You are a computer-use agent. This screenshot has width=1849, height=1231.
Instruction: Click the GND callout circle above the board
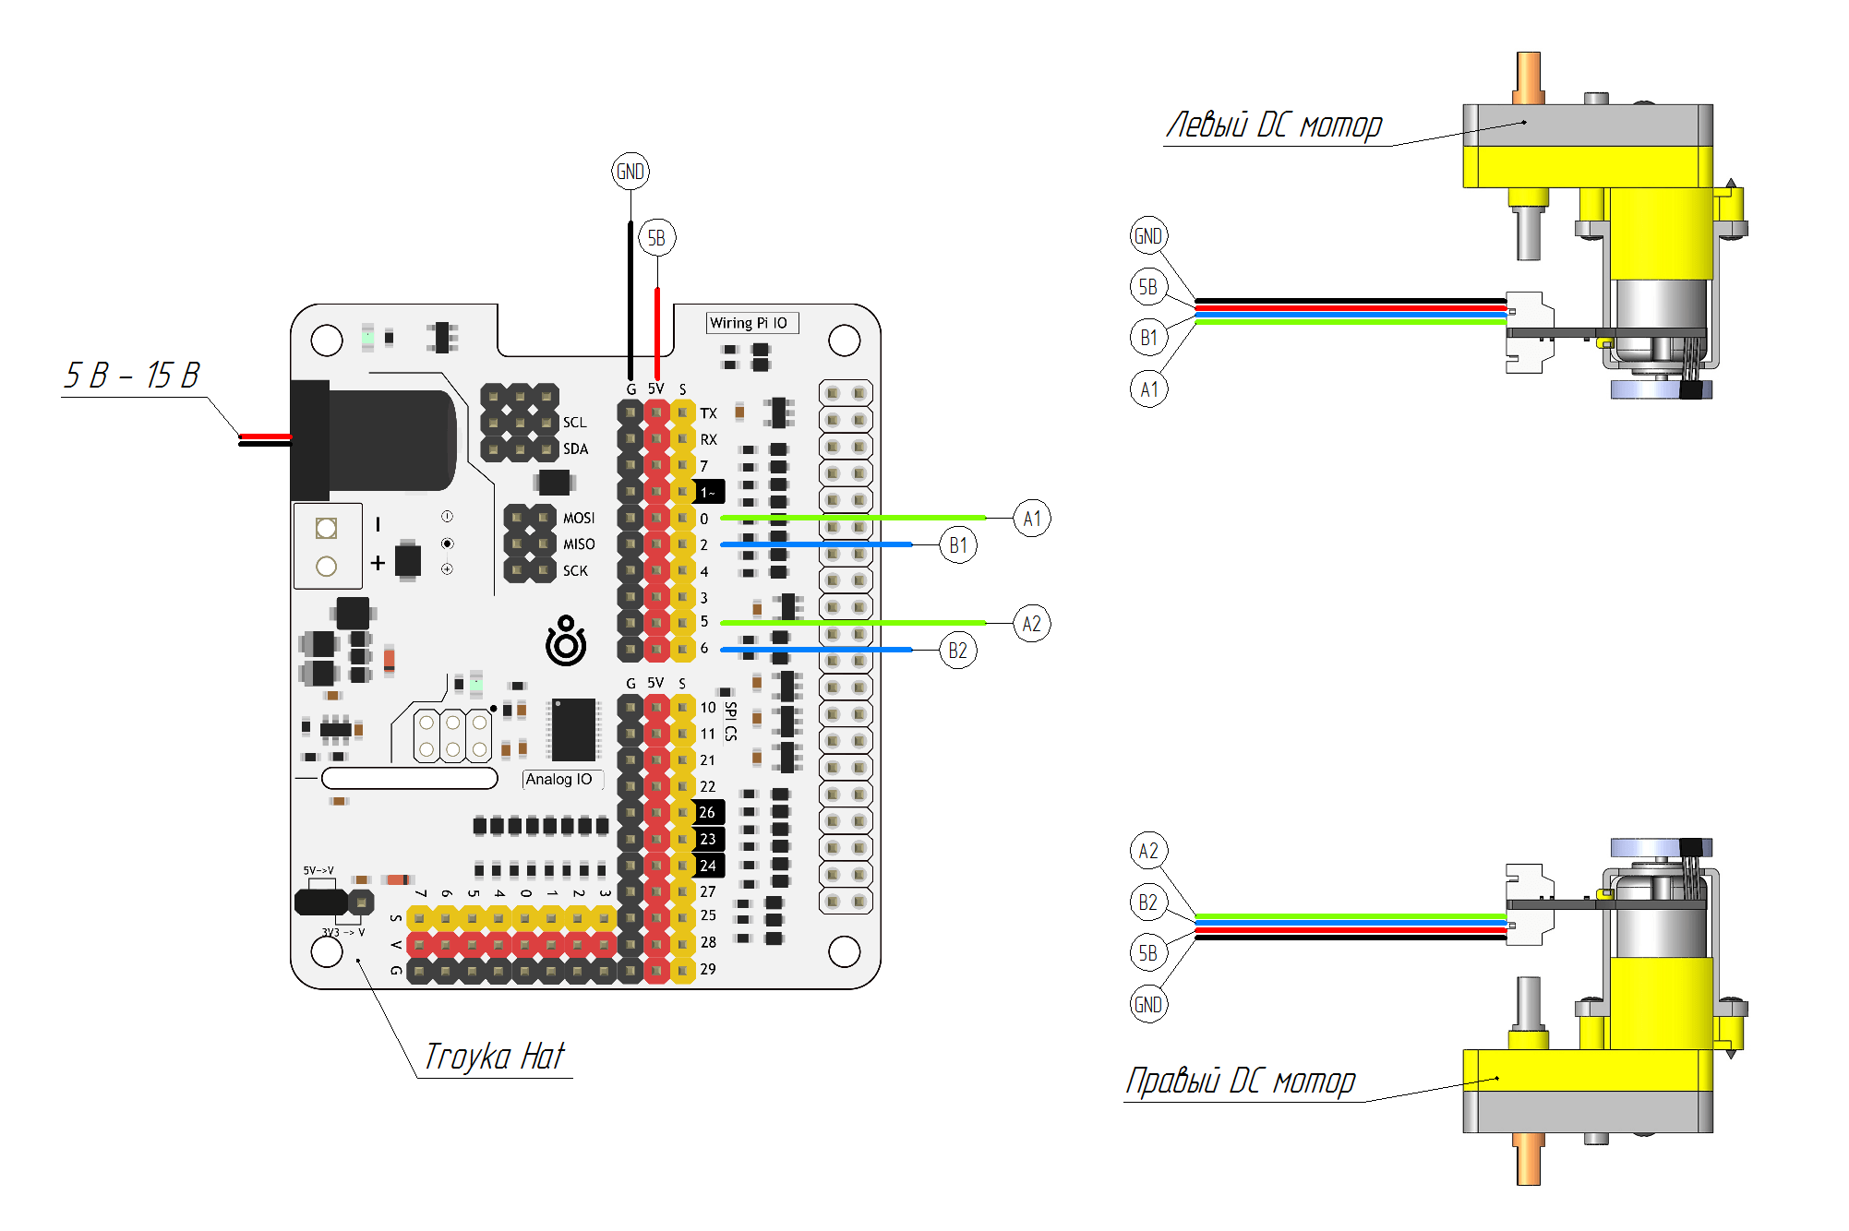[x=630, y=172]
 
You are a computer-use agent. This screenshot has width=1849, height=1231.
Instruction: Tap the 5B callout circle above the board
[x=656, y=238]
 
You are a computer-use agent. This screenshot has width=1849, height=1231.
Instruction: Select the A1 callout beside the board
[x=1032, y=519]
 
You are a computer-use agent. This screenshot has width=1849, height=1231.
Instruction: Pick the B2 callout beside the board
[x=958, y=651]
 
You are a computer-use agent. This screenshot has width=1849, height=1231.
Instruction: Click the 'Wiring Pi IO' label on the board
[x=749, y=323]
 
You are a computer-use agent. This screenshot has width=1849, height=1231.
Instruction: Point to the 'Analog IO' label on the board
[x=559, y=780]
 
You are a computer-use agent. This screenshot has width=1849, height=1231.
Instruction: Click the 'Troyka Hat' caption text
[x=494, y=1057]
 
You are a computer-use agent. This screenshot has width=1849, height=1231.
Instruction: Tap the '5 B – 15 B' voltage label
[x=132, y=376]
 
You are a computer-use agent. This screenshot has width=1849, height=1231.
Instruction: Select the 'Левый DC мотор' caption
[x=1274, y=125]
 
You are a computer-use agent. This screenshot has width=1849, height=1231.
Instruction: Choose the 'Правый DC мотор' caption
[x=1241, y=1081]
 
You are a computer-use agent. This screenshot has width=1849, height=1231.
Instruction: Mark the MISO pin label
[x=579, y=544]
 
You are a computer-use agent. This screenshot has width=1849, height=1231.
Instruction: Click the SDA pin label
[x=575, y=449]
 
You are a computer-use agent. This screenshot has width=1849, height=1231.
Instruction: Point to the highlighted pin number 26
[x=708, y=813]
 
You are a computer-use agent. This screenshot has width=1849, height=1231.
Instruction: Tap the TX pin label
[x=708, y=413]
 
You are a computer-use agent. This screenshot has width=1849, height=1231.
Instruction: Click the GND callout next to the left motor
[x=1148, y=236]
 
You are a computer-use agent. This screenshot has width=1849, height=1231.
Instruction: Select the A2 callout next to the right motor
[x=1148, y=851]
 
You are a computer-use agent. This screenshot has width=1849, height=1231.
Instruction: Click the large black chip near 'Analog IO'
[x=573, y=729]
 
